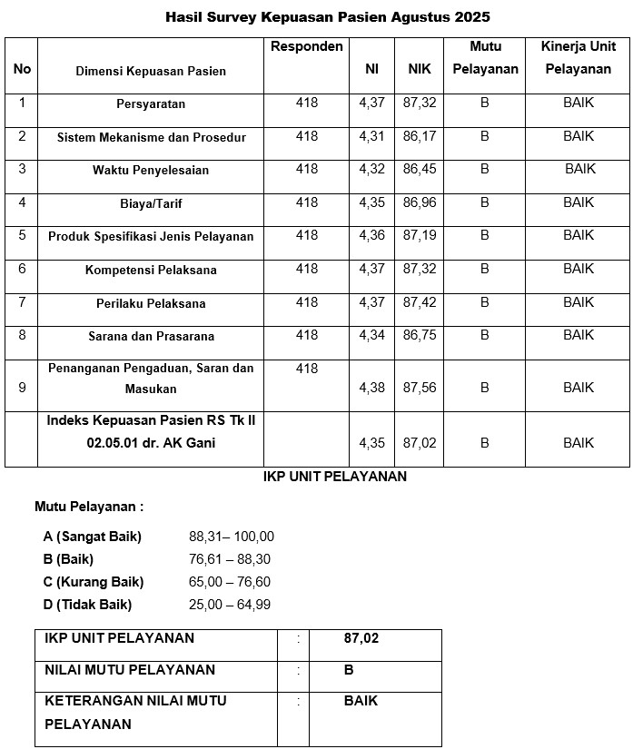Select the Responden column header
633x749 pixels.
(307, 46)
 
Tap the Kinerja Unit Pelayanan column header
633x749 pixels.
(578, 57)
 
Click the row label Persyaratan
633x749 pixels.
(151, 103)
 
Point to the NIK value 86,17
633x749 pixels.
(419, 136)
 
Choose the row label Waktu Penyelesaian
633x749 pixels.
(151, 170)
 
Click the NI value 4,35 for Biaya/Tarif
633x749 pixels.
(371, 202)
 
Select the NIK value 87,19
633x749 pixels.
(419, 235)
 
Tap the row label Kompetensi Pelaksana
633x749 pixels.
(151, 270)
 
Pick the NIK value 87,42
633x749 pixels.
(419, 302)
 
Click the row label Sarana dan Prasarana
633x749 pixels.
(151, 336)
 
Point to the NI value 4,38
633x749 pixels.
(371, 388)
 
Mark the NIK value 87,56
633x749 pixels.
(419, 388)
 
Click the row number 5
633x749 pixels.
(23, 235)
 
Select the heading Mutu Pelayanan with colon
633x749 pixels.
(89, 507)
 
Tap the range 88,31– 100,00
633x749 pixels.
(232, 537)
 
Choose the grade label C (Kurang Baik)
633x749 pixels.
(94, 582)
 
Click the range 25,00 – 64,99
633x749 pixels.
(230, 605)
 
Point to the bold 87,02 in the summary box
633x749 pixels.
(361, 638)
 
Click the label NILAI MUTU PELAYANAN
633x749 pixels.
(130, 670)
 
